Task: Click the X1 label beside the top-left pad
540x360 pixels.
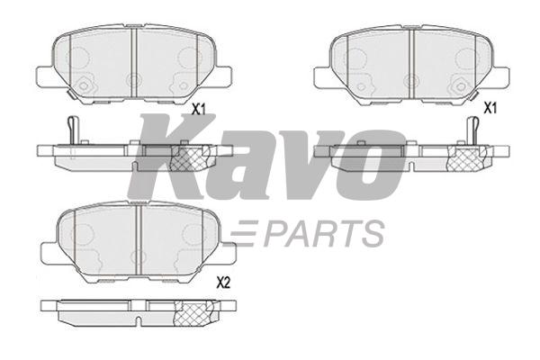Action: [199, 109]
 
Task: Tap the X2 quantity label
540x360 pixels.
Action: [223, 283]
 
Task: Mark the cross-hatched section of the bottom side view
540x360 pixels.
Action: [191, 311]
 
